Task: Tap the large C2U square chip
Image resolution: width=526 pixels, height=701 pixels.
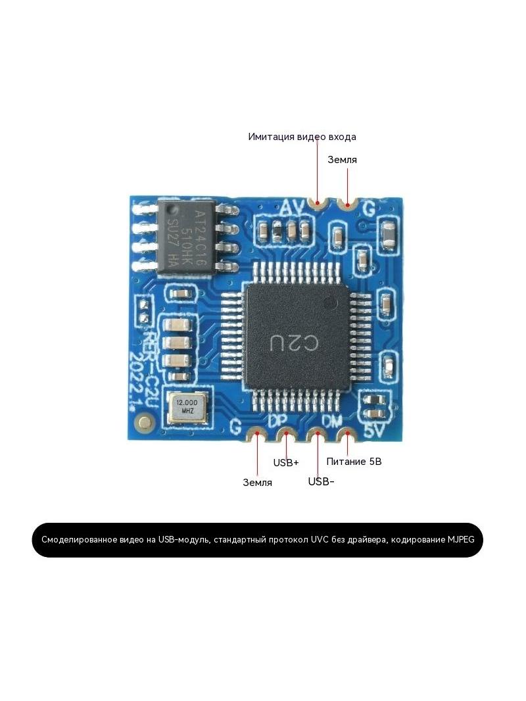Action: (296, 335)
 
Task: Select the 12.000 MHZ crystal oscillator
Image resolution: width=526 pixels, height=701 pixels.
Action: (187, 407)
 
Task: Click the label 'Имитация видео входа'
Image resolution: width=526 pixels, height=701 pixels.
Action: (302, 137)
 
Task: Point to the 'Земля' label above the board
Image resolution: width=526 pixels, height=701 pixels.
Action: (343, 160)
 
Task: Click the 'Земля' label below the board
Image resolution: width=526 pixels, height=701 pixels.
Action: (258, 483)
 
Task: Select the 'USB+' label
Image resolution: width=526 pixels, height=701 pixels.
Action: (286, 462)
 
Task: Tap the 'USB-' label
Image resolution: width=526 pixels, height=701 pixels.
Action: (322, 481)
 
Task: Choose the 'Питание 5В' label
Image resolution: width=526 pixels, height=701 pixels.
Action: (354, 462)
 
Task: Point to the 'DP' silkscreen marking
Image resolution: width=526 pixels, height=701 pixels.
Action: (278, 421)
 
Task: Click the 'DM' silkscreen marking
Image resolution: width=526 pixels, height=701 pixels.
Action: (332, 421)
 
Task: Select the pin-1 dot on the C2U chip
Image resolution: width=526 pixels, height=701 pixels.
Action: (331, 303)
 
